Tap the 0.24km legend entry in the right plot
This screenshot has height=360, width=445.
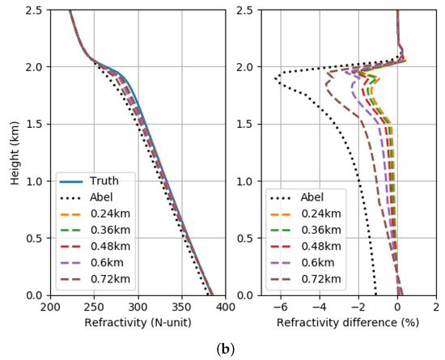318,214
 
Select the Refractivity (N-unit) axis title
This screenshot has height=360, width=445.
138,323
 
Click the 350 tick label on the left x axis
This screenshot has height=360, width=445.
181,308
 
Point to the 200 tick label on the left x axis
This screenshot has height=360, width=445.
50,308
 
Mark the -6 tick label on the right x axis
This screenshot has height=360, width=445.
278,308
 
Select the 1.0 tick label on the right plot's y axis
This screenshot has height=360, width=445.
248,181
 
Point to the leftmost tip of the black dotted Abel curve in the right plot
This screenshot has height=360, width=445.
275,79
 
